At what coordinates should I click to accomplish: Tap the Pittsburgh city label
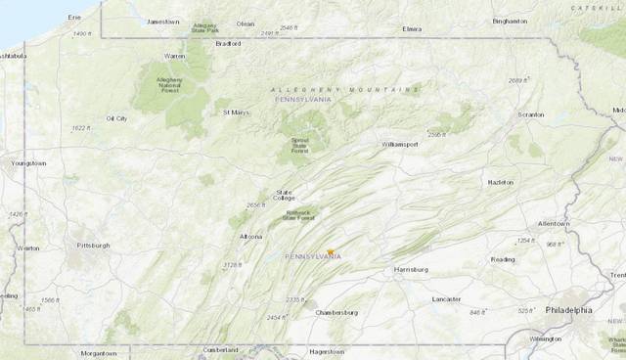click(94, 245)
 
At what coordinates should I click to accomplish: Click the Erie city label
click(74, 18)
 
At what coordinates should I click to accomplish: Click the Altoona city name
click(251, 237)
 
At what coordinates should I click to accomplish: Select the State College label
click(284, 195)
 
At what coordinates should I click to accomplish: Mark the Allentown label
click(553, 224)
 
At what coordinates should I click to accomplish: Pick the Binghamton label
click(509, 20)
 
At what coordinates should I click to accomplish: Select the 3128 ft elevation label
click(232, 264)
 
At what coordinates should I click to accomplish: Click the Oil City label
click(116, 118)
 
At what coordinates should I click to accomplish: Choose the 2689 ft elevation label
click(520, 80)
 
